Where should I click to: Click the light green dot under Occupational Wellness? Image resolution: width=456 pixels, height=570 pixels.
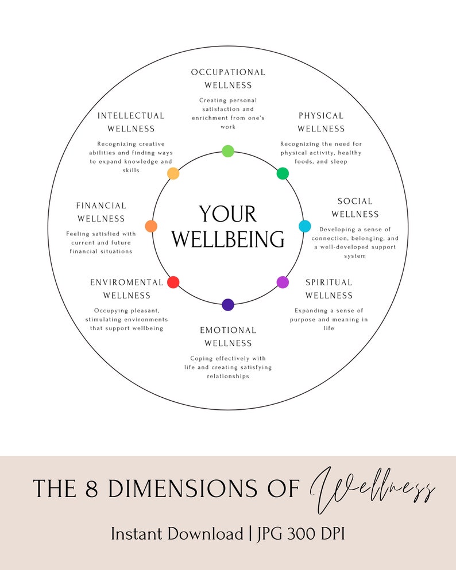pos(228,151)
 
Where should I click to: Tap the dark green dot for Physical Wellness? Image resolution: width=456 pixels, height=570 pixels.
pos(283,173)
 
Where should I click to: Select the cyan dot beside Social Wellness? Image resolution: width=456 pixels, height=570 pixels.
pos(305,226)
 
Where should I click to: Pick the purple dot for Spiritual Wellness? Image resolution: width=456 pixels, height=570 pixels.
pos(283,282)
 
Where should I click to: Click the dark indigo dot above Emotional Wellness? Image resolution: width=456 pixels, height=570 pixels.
pos(228,305)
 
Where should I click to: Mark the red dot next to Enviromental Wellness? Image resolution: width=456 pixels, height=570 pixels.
pos(173,282)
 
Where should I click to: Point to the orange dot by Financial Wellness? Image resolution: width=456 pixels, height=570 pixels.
pos(151,226)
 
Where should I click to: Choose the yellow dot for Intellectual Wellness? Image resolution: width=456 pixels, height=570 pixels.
pos(173,173)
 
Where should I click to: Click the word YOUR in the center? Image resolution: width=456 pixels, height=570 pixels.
pos(228,215)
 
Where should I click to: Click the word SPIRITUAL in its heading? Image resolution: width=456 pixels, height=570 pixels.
pos(329,282)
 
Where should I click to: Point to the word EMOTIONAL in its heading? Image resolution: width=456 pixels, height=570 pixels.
pos(228,330)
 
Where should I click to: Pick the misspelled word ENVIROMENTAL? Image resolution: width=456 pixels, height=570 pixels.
pos(127,282)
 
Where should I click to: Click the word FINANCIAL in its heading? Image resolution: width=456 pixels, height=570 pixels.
pos(101,205)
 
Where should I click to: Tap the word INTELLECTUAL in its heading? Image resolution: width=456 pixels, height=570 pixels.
pos(131,116)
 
